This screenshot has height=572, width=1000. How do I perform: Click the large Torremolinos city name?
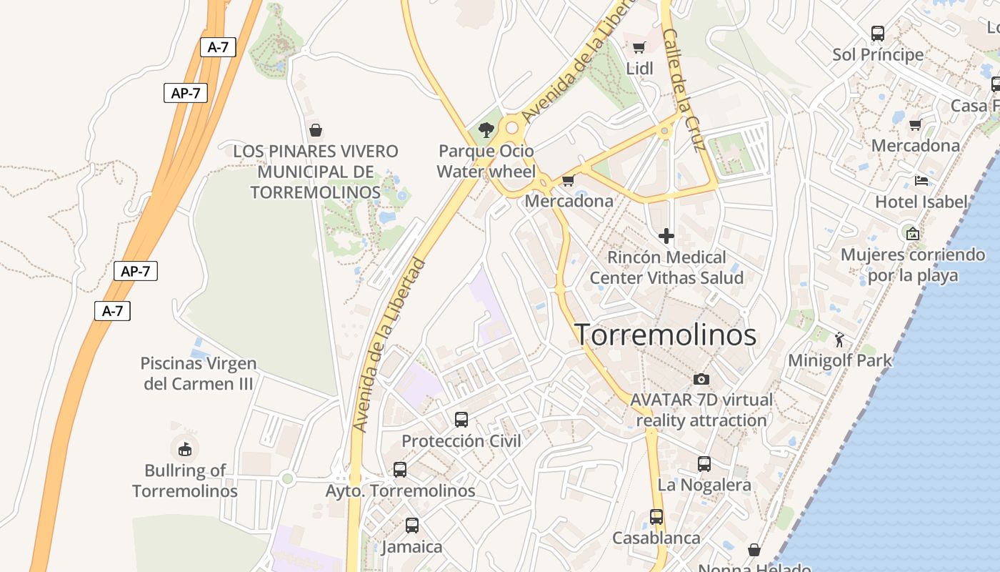click(x=665, y=335)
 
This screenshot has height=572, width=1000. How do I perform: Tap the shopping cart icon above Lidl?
click(x=639, y=48)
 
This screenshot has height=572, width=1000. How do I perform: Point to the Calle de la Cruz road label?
click(x=684, y=89)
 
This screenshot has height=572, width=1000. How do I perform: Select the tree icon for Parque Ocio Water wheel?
click(x=486, y=129)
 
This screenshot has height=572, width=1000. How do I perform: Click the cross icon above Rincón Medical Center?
click(x=666, y=235)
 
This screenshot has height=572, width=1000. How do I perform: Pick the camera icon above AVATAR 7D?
click(x=701, y=379)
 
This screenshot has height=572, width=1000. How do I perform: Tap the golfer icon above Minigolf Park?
click(x=839, y=339)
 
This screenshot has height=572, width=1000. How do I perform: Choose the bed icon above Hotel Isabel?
click(x=921, y=180)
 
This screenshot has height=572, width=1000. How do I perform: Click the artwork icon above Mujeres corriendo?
click(x=912, y=233)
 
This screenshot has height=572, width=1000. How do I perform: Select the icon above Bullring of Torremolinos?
click(x=185, y=449)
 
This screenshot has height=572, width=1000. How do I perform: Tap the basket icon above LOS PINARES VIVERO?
click(x=315, y=130)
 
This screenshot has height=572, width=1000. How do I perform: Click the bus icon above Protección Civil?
click(x=461, y=420)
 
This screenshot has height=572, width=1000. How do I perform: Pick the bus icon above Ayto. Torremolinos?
click(x=400, y=470)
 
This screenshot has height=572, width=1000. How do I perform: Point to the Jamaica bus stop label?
click(x=412, y=547)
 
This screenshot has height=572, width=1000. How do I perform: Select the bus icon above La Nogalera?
click(x=704, y=464)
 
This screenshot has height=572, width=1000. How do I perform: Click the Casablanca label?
click(x=656, y=538)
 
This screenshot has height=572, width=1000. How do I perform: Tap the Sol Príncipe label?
click(x=878, y=54)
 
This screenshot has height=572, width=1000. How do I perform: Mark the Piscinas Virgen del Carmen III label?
click(x=198, y=373)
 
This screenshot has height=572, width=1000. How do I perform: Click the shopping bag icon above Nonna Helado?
click(x=754, y=550)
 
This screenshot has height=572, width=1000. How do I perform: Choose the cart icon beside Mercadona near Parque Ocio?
click(x=569, y=180)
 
